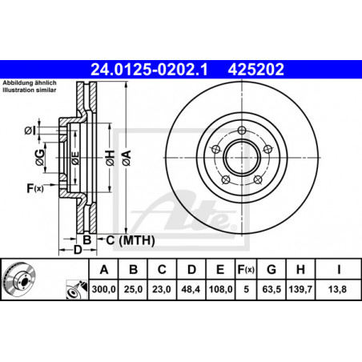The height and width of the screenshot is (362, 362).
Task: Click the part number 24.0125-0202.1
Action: point(149,70)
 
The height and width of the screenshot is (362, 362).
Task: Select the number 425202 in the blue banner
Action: point(255,70)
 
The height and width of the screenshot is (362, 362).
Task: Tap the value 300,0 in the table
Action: point(104,289)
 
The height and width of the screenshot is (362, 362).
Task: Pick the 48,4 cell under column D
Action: point(191,289)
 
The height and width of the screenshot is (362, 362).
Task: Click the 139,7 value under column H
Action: point(300,289)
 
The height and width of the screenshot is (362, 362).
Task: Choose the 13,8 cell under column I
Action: point(337,289)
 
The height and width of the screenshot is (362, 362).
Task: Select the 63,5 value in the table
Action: point(271,289)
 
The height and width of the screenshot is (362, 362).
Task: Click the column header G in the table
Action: point(271,270)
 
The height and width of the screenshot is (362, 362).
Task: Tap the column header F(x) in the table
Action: point(246,270)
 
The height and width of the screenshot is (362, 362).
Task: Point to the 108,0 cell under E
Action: point(220,289)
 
